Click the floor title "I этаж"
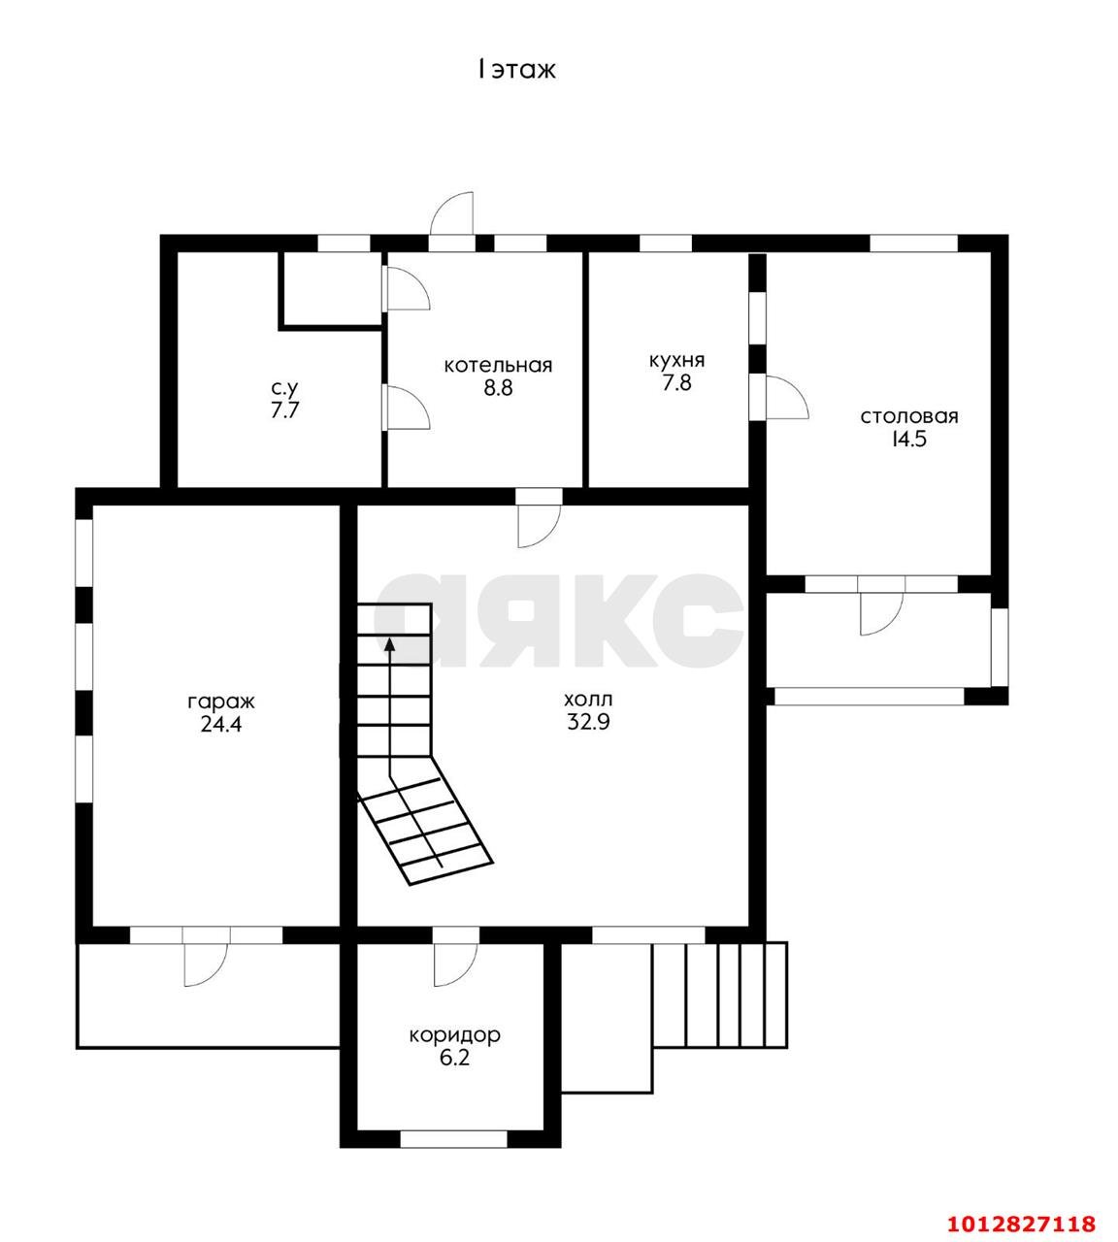pos(516,70)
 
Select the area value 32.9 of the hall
pos(588,722)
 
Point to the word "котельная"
pos(498,365)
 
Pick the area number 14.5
pos(908,439)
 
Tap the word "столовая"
pos(909,416)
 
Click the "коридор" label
pos(454,1035)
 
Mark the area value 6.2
pos(454,1058)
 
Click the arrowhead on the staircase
pos(389,644)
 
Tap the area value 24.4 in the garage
pos(221,725)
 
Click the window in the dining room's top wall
pos(914,244)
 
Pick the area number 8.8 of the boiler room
pos(498,388)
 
